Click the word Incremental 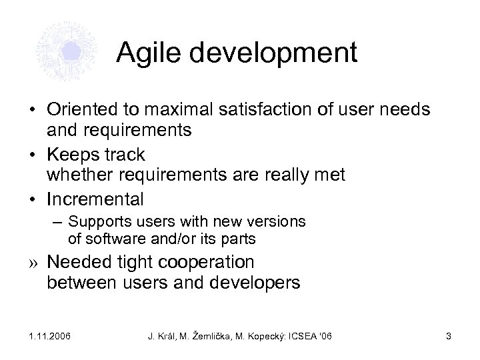pyautogui.click(x=95, y=199)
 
